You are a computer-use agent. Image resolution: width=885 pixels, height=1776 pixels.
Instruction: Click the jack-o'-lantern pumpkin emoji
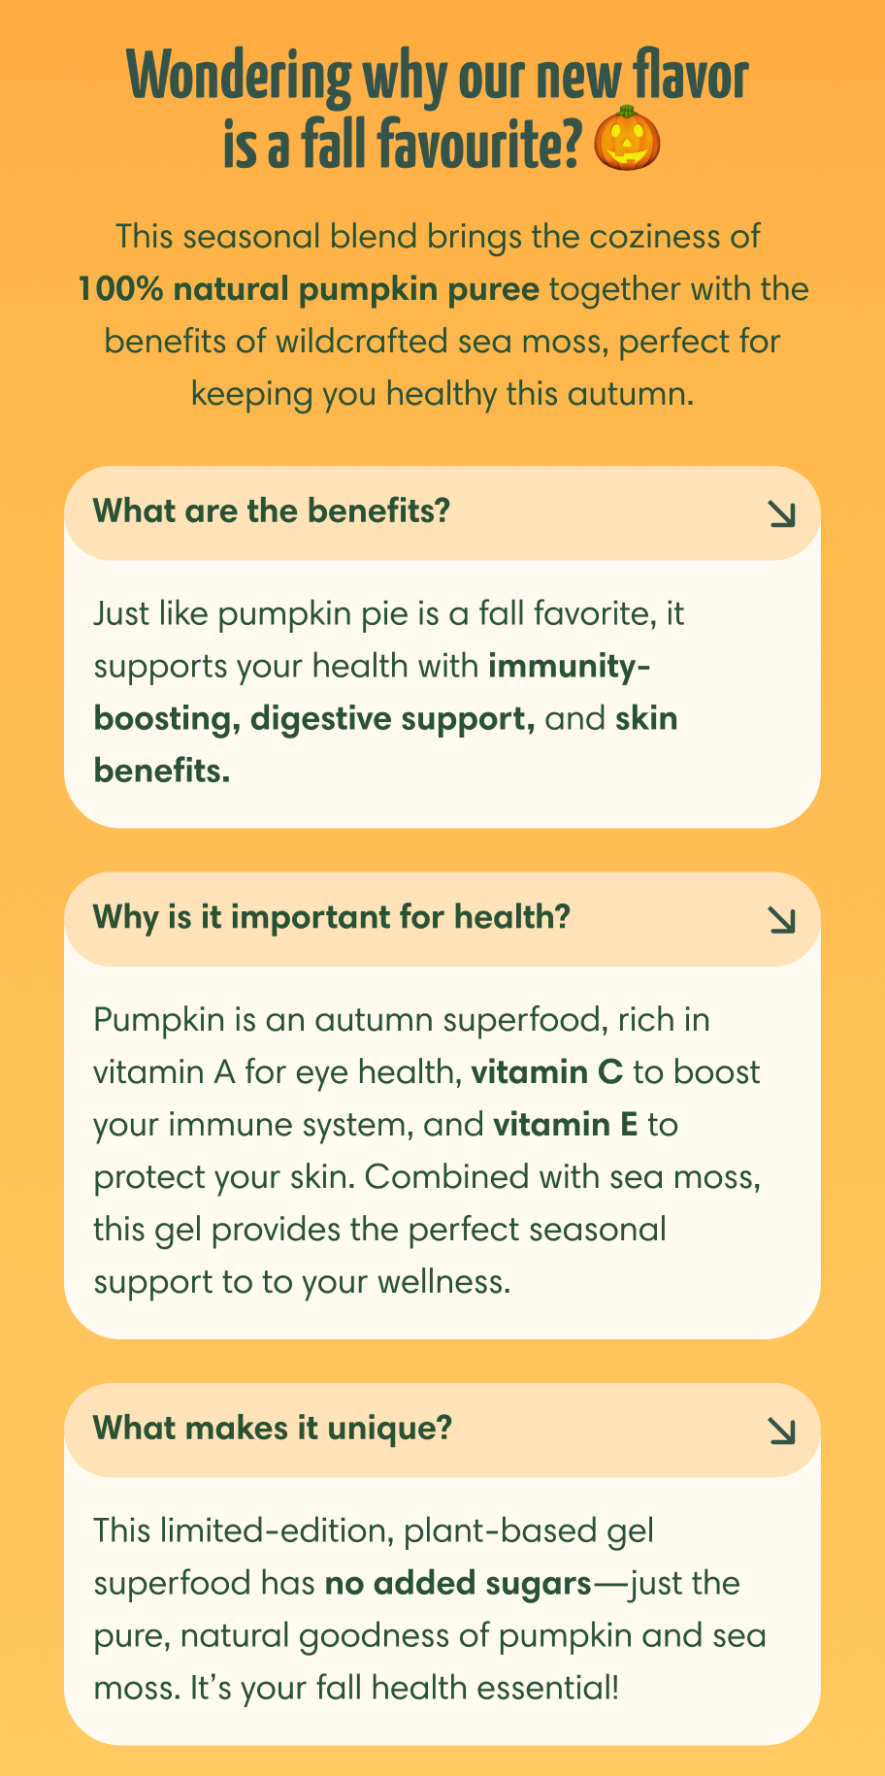627,140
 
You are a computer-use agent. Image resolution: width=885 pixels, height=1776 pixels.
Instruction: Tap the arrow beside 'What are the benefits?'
781,514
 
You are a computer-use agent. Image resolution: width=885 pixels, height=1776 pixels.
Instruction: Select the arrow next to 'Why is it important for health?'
781,920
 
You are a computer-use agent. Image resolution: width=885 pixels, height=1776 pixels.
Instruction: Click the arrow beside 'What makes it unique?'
781,1431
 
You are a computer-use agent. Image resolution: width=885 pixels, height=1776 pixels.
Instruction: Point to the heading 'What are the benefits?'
272,510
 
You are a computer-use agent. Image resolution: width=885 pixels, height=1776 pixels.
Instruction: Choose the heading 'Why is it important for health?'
331,916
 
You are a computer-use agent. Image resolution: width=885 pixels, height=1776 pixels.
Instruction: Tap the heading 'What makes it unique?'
273,1428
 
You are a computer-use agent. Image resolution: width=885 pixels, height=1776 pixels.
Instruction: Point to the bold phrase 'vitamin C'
546,1072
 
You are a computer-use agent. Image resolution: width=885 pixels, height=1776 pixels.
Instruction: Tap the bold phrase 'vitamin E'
566,1125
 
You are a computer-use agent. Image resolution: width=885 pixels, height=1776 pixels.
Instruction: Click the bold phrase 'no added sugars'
458,1584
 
